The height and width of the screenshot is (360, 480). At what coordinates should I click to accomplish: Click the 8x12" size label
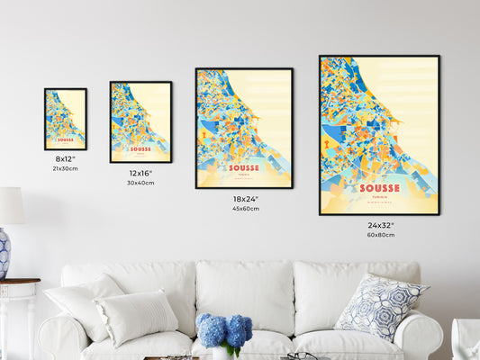click(65, 158)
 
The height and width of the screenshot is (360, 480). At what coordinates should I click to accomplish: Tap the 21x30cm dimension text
click(65, 168)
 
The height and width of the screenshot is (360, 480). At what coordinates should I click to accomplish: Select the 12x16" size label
click(140, 173)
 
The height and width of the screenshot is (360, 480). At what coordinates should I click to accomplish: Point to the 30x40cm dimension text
click(140, 183)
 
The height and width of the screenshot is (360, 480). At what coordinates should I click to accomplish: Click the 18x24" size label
click(245, 199)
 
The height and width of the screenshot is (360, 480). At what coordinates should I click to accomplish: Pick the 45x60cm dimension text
click(245, 209)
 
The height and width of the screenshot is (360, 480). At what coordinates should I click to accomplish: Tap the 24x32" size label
click(380, 225)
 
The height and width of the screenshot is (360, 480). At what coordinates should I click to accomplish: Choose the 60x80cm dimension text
click(380, 235)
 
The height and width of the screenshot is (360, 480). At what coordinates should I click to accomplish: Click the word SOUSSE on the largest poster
click(379, 188)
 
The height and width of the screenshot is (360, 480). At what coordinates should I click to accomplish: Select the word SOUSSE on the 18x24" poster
click(243, 167)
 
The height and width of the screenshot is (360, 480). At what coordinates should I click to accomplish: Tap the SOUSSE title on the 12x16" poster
click(140, 148)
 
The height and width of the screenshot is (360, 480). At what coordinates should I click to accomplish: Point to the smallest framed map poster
click(66, 119)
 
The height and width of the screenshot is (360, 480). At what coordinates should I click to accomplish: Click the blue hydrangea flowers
click(225, 330)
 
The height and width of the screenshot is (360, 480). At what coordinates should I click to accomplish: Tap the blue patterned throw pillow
click(380, 305)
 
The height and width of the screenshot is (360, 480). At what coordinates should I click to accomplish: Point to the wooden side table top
click(18, 283)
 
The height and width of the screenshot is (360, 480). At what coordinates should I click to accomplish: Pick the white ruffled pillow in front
click(137, 317)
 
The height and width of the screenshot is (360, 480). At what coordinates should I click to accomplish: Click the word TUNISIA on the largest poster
click(379, 197)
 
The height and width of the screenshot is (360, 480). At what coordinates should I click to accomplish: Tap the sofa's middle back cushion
click(243, 295)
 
